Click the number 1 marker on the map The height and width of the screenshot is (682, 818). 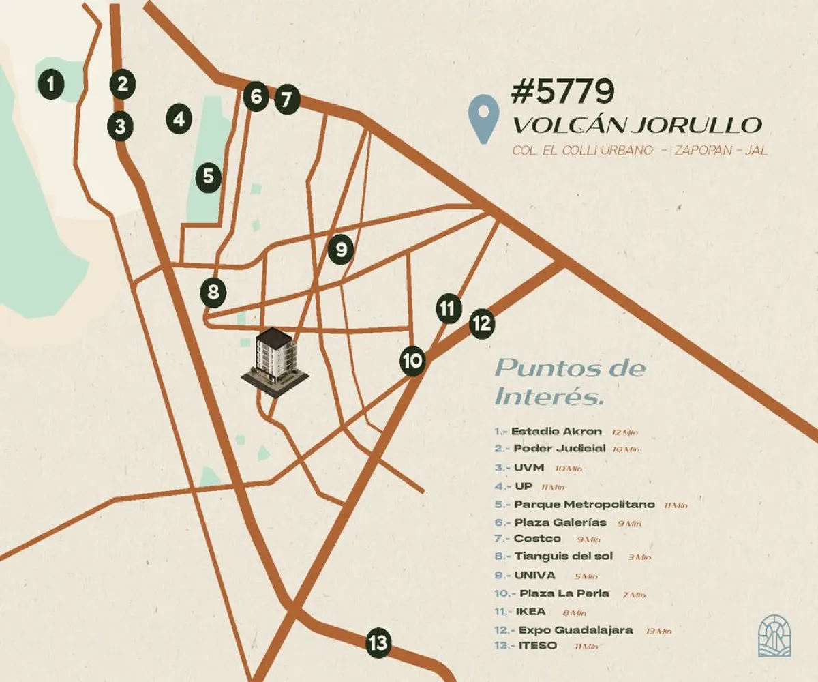[x=50, y=85]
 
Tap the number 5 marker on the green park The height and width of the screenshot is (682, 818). [x=208, y=177]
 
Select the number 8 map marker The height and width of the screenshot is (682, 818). [x=213, y=293]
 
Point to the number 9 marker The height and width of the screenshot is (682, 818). [x=341, y=249]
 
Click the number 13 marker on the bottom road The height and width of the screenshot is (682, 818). [x=378, y=642]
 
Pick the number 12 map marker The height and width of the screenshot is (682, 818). [x=482, y=323]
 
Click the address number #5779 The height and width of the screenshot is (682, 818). [x=562, y=91]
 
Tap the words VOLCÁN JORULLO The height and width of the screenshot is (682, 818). [x=636, y=125]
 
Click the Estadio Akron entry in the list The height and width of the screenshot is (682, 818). [x=556, y=431]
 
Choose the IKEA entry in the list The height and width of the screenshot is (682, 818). [x=530, y=611]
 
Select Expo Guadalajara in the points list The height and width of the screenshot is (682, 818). [x=575, y=629]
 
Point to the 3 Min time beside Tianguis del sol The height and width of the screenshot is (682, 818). [x=639, y=557]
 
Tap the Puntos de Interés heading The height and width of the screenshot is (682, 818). [x=569, y=381]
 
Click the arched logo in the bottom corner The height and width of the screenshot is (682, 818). [x=774, y=637]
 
